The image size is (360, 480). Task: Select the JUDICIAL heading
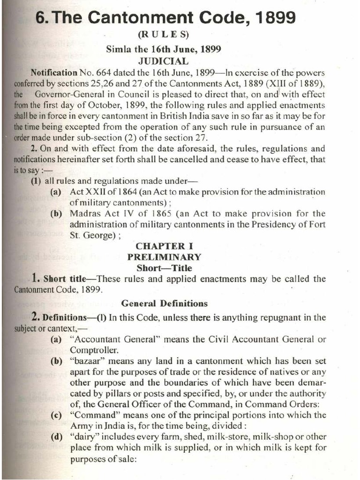tap(163, 61)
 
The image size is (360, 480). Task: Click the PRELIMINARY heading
tap(164, 257)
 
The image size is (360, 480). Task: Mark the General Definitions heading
tap(164, 303)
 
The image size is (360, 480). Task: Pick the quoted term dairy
tap(81, 437)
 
